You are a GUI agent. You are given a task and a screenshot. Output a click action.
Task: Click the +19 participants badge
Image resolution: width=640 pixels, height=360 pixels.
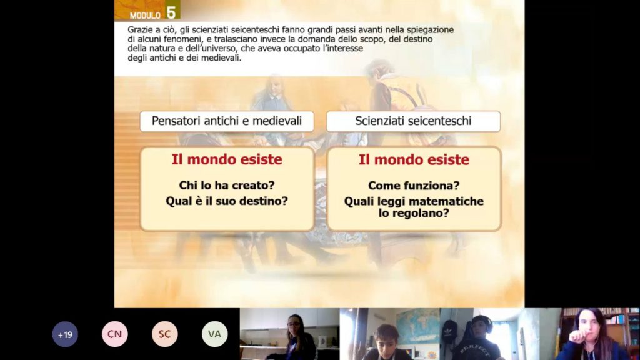pyautogui.click(x=65, y=334)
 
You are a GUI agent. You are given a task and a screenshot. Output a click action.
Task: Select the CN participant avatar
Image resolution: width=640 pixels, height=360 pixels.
pyautogui.click(x=115, y=334)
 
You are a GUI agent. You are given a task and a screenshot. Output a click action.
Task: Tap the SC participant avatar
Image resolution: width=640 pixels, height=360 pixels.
pyautogui.click(x=165, y=334)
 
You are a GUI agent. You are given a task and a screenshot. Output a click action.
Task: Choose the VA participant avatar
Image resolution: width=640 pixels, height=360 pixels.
pyautogui.click(x=215, y=334)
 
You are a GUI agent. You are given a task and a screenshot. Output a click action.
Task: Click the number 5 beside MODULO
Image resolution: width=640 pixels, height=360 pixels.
pyautogui.click(x=171, y=12)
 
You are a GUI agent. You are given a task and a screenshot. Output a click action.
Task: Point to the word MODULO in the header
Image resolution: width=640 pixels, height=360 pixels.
pyautogui.click(x=145, y=16)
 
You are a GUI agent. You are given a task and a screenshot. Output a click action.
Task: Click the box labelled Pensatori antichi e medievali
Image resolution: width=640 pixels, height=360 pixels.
pyautogui.click(x=227, y=121)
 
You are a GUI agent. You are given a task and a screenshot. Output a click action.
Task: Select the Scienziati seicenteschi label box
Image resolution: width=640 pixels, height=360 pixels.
pyautogui.click(x=414, y=121)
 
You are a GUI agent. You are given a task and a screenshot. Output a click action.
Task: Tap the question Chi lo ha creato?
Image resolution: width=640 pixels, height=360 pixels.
pyautogui.click(x=227, y=185)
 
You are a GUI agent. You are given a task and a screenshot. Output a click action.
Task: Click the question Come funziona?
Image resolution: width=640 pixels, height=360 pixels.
pyautogui.click(x=414, y=186)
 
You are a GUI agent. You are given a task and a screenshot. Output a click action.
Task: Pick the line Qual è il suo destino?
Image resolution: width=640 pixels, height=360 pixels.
pyautogui.click(x=227, y=201)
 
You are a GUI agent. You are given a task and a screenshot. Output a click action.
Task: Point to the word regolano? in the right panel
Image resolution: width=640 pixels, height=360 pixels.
pyautogui.click(x=424, y=213)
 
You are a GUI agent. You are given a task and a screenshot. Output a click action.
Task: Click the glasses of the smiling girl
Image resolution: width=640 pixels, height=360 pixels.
pyautogui.click(x=294, y=324)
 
